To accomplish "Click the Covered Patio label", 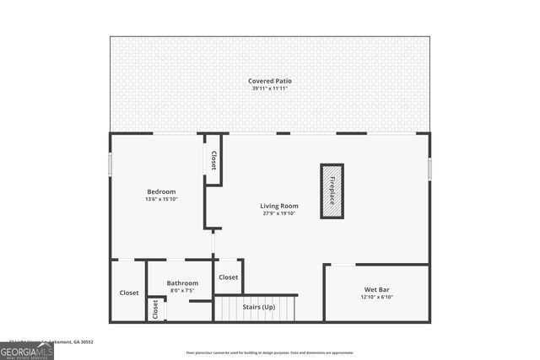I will point(270,81).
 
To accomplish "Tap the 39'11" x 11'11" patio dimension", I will point(270,89).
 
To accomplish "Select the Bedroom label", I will point(161,191).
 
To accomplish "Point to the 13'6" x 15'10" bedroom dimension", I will point(161,199).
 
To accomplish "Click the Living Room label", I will point(278,206).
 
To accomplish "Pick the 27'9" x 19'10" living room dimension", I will point(278,213).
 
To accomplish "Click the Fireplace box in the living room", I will point(332,191).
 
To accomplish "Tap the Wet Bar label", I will point(375,289).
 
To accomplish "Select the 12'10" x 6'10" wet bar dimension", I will point(375,297).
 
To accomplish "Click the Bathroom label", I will point(182,283).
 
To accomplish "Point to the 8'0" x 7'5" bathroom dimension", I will point(182,291).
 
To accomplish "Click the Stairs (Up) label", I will point(258,307).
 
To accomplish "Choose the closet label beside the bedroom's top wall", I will point(213,160).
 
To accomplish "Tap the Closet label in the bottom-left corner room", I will point(129,293).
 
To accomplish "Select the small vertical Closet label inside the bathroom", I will point(155,309).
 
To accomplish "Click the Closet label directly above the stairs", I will point(229,277).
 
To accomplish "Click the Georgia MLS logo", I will point(27,350).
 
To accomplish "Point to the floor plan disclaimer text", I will point(270,352).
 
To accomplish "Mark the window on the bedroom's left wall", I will point(110,164).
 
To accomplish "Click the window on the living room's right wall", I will point(429,169).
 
